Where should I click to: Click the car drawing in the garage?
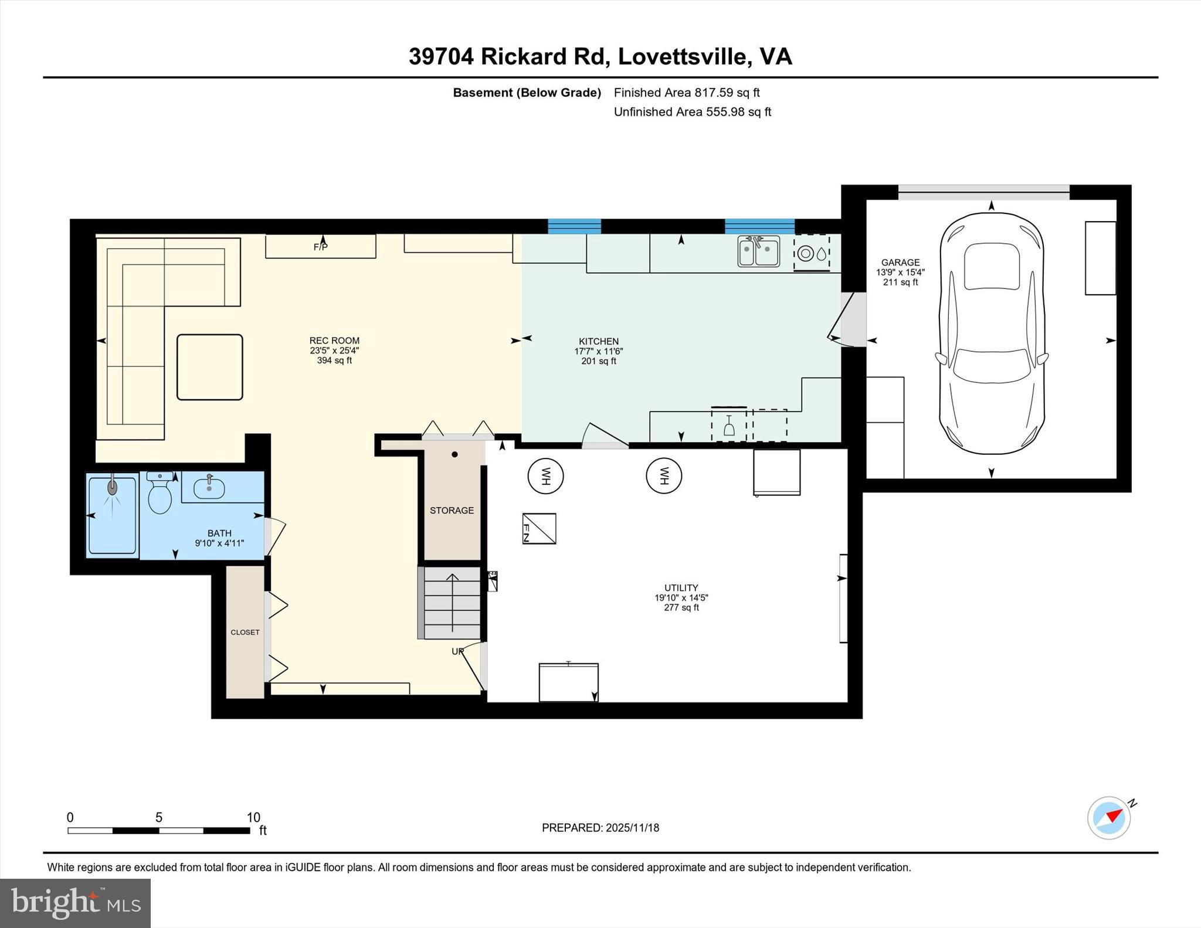tap(992, 333)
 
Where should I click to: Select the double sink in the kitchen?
tap(758, 251)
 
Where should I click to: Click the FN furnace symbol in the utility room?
tap(539, 528)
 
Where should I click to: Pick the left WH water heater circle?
tap(545, 476)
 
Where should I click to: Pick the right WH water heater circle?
tap(664, 476)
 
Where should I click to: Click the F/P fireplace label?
tap(320, 247)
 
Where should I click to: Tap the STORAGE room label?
tap(452, 511)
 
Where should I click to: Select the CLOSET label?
tap(245, 633)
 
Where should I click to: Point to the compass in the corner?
tap(1109, 818)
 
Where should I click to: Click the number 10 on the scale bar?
tap(253, 817)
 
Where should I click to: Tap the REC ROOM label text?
tap(334, 341)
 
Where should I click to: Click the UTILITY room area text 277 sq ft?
tap(681, 607)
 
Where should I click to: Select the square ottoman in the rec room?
tap(210, 368)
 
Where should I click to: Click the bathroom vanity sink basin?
tap(209, 488)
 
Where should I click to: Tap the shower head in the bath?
tap(112, 487)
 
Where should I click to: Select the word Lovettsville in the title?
tap(683, 56)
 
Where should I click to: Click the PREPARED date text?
tap(600, 828)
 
